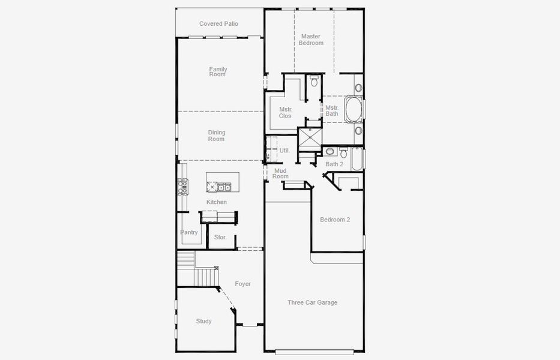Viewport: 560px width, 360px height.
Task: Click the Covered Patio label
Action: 218,24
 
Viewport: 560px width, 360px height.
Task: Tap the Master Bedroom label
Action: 312,40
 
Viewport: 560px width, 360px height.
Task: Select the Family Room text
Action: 218,72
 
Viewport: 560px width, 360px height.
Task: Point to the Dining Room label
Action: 216,136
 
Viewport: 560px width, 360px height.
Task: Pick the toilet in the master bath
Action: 314,81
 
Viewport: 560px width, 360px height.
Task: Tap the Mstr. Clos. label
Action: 286,112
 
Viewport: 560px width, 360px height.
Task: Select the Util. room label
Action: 285,151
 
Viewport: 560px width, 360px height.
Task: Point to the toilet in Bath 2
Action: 343,153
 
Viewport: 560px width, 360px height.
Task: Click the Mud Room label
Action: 280,173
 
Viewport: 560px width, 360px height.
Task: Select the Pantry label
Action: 189,232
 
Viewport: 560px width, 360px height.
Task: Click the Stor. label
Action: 220,238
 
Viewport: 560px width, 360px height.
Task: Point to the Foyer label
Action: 242,284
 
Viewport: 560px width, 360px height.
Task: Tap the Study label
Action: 203,321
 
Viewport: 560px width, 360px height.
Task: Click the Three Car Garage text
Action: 312,302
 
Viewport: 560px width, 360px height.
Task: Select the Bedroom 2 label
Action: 334,220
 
